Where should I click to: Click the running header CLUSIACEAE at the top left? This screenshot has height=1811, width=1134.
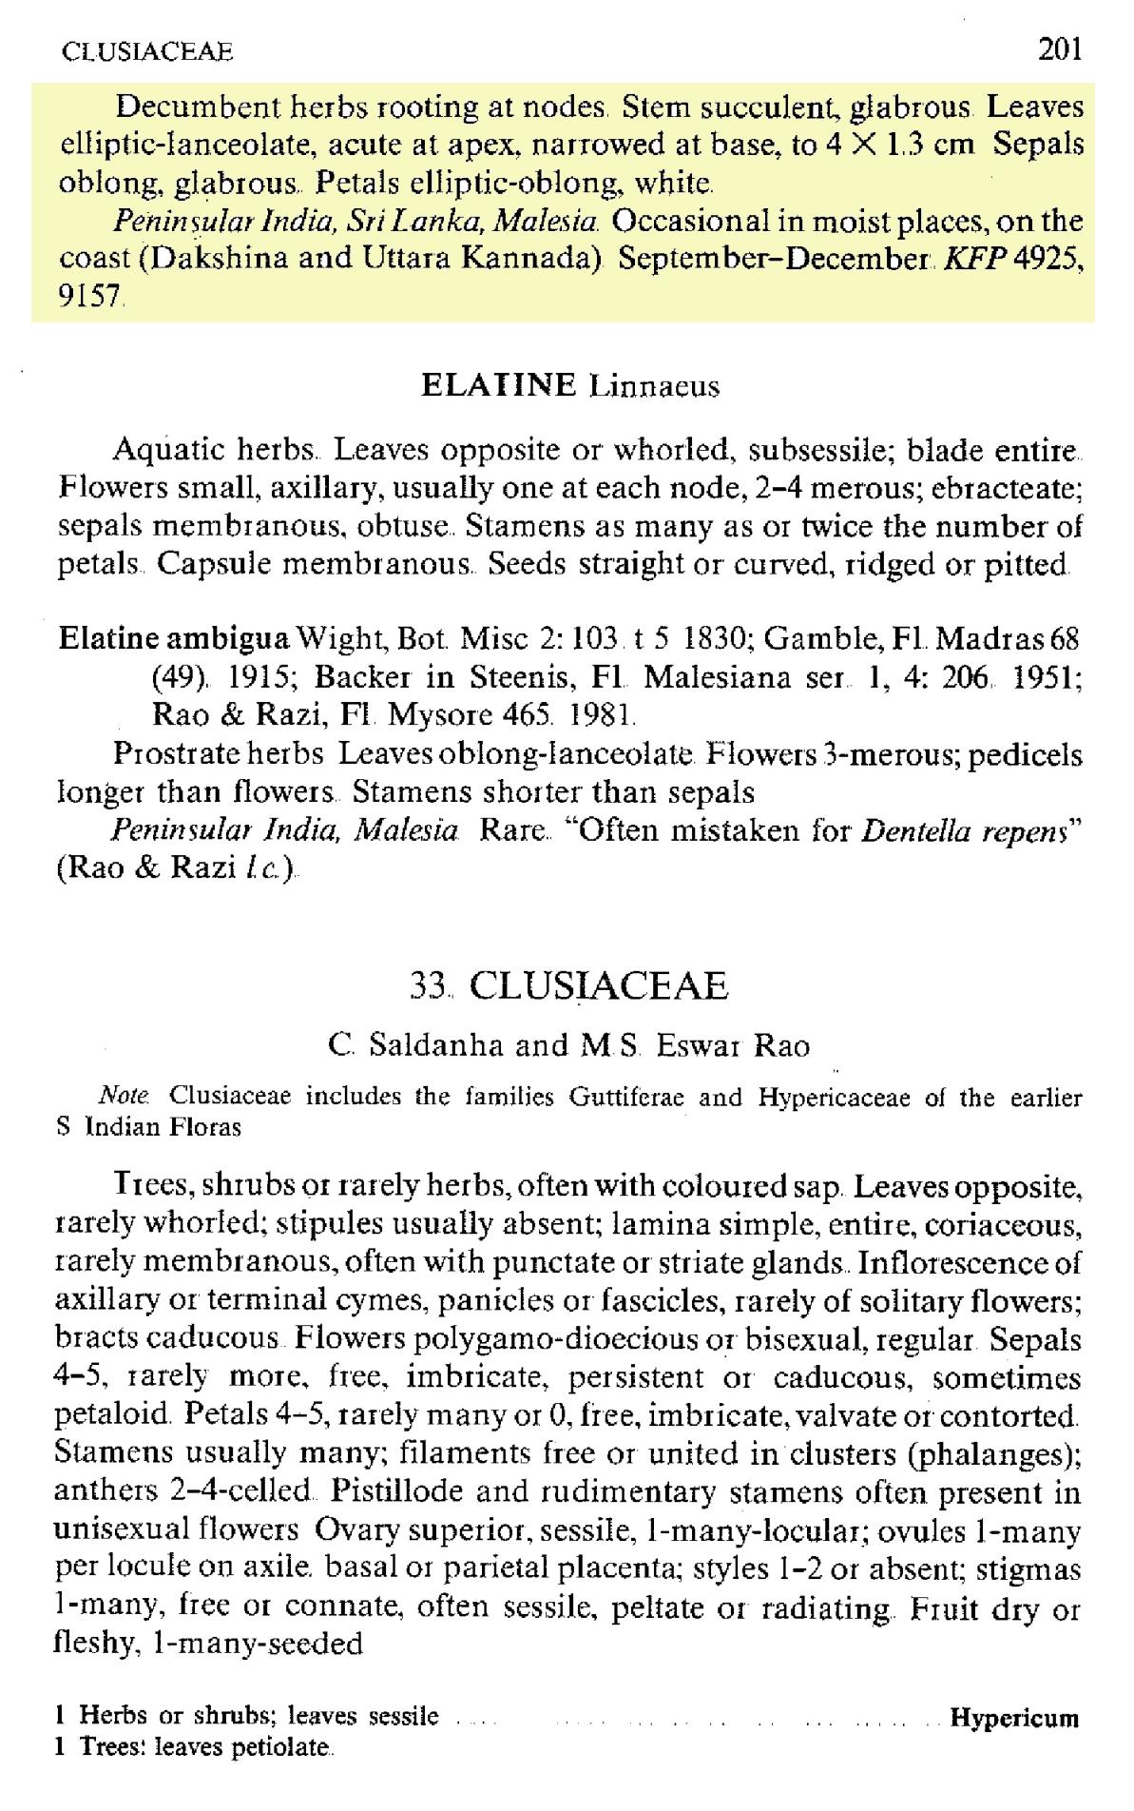pyautogui.click(x=146, y=50)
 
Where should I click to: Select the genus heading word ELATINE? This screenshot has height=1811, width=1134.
pyautogui.click(x=498, y=385)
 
